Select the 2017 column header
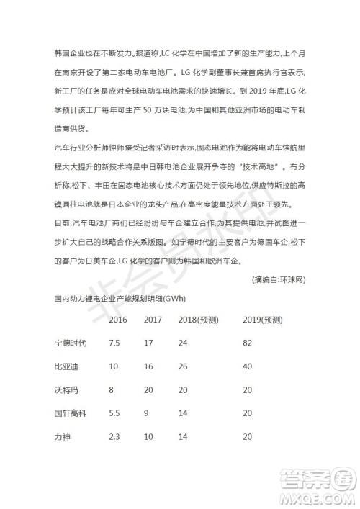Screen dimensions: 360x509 click(153, 319)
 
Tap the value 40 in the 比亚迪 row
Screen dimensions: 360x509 click(248, 366)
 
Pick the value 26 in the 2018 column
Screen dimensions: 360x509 click(183, 366)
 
